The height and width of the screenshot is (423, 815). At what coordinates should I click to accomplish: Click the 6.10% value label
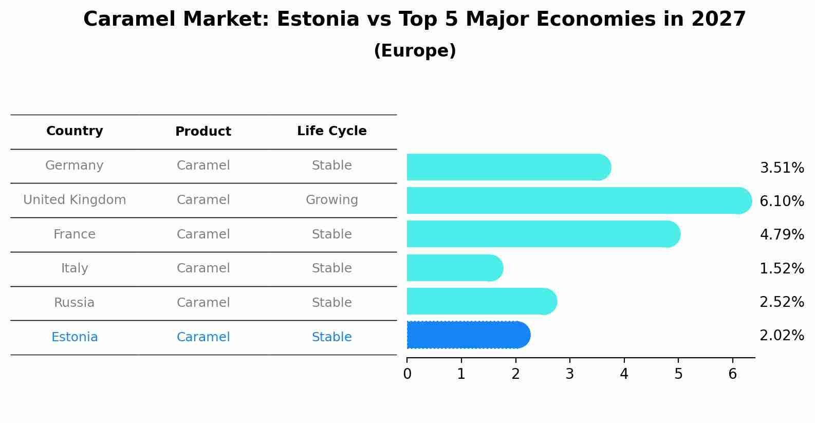click(x=781, y=201)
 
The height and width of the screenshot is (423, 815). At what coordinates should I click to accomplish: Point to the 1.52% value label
click(x=781, y=268)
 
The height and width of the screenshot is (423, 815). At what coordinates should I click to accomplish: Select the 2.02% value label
click(x=781, y=336)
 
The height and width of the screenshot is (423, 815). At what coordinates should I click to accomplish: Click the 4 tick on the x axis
click(x=624, y=374)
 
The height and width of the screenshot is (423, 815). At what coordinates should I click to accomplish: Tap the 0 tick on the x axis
click(x=407, y=374)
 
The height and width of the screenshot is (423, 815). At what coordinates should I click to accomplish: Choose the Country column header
click(x=75, y=131)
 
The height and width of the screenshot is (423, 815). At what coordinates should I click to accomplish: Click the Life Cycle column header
click(x=331, y=131)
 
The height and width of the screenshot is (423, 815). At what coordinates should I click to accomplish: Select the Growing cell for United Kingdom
click(x=331, y=200)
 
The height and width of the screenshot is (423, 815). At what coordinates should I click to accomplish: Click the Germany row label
click(x=75, y=165)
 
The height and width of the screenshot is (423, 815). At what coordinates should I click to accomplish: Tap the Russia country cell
click(x=75, y=303)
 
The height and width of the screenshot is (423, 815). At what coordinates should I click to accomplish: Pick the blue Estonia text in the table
click(x=75, y=337)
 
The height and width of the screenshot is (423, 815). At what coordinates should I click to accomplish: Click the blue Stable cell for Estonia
click(x=331, y=337)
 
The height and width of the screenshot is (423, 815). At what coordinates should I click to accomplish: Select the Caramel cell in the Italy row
click(x=203, y=268)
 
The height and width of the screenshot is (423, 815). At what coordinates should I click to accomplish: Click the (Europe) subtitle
click(x=415, y=51)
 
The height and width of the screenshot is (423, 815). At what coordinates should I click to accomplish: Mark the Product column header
click(x=203, y=132)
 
